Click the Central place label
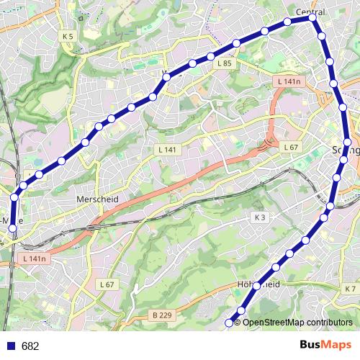[x=311, y=12]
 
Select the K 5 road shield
[x=68, y=36]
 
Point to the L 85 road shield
[x=225, y=63]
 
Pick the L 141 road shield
[x=166, y=149]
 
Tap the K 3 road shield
[x=260, y=217]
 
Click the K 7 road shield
[x=351, y=289]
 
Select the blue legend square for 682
[x=11, y=346]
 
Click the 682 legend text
[x=30, y=346]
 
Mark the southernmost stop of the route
[x=230, y=323]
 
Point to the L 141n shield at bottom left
[x=34, y=258]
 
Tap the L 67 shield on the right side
[x=291, y=147]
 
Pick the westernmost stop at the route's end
[x=12, y=229]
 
